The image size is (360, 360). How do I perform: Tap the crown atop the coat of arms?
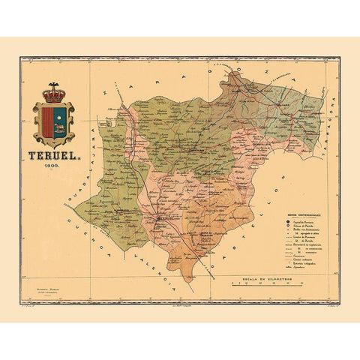[x=53, y=94]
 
